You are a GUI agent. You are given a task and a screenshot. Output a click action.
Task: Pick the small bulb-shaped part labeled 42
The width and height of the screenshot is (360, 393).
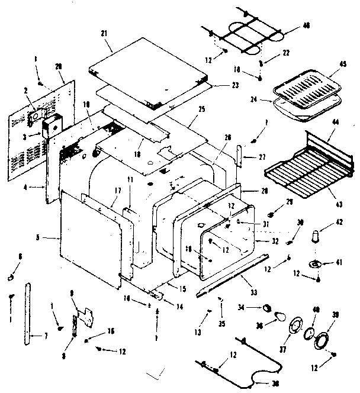coord(316,235)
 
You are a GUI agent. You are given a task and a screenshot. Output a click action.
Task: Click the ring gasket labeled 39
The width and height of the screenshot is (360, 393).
coord(323,342)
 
